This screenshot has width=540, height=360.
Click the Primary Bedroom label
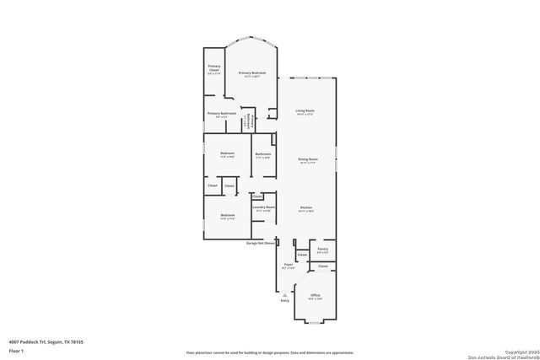[x=251, y=73]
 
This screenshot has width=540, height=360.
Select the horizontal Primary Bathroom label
[x=221, y=112]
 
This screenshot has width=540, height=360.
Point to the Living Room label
[x=305, y=111]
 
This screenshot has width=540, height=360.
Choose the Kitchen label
[x=307, y=207]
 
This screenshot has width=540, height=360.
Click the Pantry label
[x=322, y=249]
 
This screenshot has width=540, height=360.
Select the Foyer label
[x=288, y=265]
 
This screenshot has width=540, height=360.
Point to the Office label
[x=314, y=295]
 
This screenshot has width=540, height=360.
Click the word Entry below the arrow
[x=284, y=300]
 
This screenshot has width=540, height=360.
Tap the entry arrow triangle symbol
[x=284, y=293]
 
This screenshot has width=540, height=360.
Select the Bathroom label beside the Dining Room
[x=262, y=153]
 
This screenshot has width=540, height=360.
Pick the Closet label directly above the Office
[x=322, y=266]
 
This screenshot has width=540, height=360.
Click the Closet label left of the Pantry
[x=301, y=255]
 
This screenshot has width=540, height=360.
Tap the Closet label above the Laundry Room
[x=256, y=196]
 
